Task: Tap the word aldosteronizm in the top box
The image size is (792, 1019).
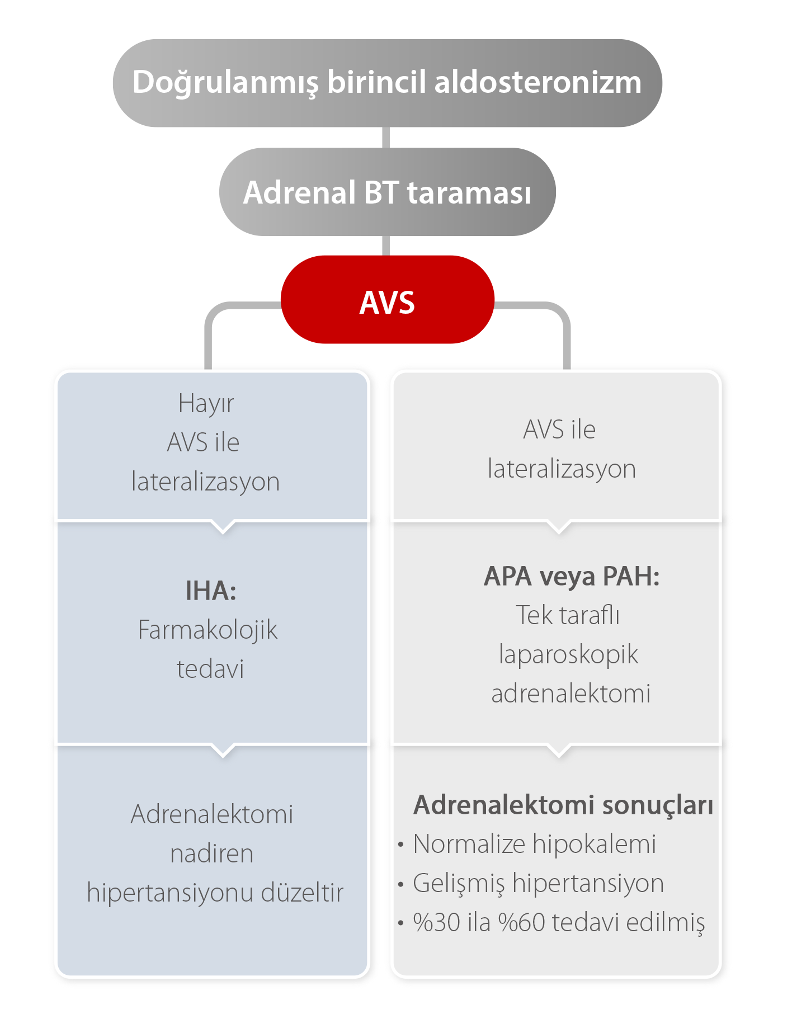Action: (x=538, y=82)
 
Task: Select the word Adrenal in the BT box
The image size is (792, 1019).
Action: (x=300, y=192)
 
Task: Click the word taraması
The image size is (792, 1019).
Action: (x=469, y=192)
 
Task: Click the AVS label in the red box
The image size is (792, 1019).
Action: (x=387, y=303)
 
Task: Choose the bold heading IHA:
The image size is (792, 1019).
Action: (x=211, y=591)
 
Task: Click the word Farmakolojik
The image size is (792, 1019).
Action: (x=208, y=630)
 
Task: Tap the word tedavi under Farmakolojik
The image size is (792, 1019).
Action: (x=210, y=669)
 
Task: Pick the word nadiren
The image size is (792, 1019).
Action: (x=211, y=853)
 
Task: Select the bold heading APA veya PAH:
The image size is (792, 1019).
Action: (x=572, y=576)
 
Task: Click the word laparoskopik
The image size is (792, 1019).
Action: (x=568, y=654)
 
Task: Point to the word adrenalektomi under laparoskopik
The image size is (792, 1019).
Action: (x=571, y=694)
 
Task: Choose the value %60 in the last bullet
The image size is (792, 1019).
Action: (x=521, y=923)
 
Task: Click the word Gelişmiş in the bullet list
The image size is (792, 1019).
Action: (x=458, y=884)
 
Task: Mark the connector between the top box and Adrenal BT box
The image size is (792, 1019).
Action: (x=386, y=138)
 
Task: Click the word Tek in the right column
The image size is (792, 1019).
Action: (x=534, y=615)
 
